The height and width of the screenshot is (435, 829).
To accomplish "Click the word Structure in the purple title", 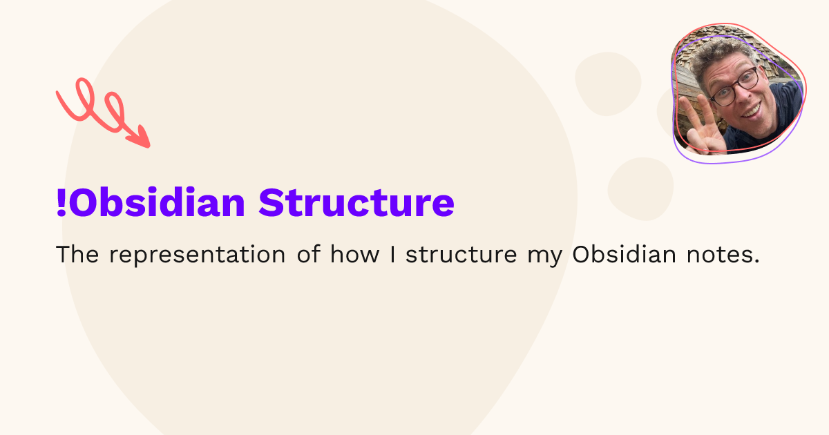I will click(356, 203).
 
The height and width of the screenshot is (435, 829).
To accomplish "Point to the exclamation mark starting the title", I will click(61, 203).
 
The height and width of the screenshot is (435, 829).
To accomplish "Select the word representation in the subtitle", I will click(197, 255).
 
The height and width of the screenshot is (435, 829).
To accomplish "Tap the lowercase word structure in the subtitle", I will click(460, 255).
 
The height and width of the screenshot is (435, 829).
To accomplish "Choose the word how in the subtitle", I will click(355, 254).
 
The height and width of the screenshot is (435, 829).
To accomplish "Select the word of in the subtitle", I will click(309, 254).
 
